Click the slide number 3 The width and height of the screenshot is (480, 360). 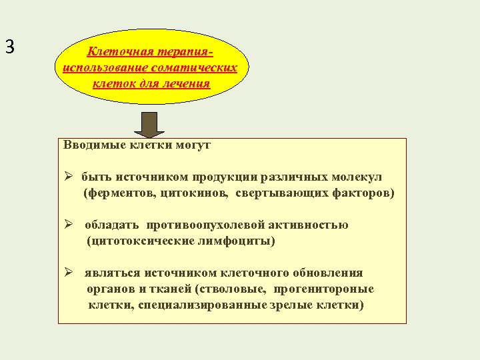9,47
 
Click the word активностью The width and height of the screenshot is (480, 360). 313,225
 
